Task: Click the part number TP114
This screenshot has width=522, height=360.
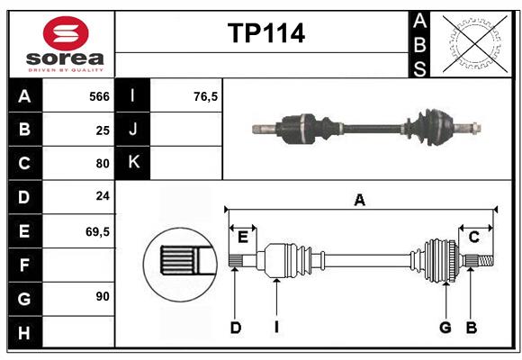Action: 265,33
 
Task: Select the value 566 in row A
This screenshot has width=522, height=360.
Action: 99,96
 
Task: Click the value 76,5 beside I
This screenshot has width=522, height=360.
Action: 206,96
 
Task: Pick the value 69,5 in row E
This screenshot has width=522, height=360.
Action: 97,231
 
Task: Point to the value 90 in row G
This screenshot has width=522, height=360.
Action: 102,296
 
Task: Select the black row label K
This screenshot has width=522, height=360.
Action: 133,163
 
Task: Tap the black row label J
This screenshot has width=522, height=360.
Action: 133,130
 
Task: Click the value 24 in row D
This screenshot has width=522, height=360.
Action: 102,195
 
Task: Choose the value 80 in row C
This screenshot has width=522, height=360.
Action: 102,164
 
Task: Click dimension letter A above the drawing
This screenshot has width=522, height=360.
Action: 359,201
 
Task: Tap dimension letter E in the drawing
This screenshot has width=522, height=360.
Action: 242,237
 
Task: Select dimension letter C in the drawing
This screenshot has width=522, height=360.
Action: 473,237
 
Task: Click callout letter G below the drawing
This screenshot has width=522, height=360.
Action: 445,328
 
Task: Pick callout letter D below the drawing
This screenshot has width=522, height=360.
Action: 235,328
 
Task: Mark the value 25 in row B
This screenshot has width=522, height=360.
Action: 102,130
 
